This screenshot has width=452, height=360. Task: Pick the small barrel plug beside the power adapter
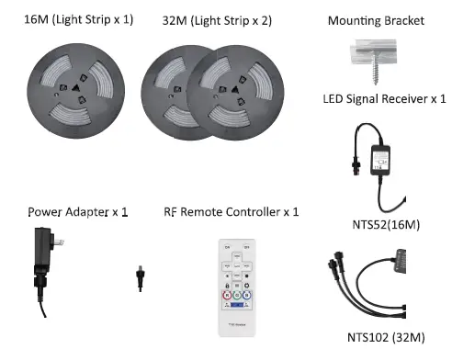pyautogui.click(x=140, y=278)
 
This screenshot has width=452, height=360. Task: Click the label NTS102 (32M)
pyautogui.click(x=386, y=336)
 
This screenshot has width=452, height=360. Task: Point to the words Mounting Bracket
pyautogui.click(x=376, y=19)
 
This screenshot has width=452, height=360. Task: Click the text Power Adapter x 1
pyautogui.click(x=76, y=212)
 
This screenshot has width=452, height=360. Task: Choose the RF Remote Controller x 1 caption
pyautogui.click(x=231, y=212)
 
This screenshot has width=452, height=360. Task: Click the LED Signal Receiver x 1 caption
pyautogui.click(x=384, y=99)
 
